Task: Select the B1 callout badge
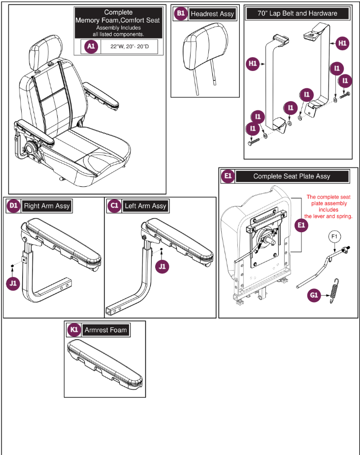[181, 14]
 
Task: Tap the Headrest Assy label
[212, 14]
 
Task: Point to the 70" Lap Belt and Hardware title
[298, 13]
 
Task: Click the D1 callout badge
[13, 206]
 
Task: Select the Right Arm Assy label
[47, 206]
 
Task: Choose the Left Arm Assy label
[145, 206]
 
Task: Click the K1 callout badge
[73, 330]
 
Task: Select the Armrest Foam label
[105, 330]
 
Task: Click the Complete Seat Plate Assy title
[292, 176]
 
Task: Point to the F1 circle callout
[334, 237]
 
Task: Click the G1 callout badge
[315, 295]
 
